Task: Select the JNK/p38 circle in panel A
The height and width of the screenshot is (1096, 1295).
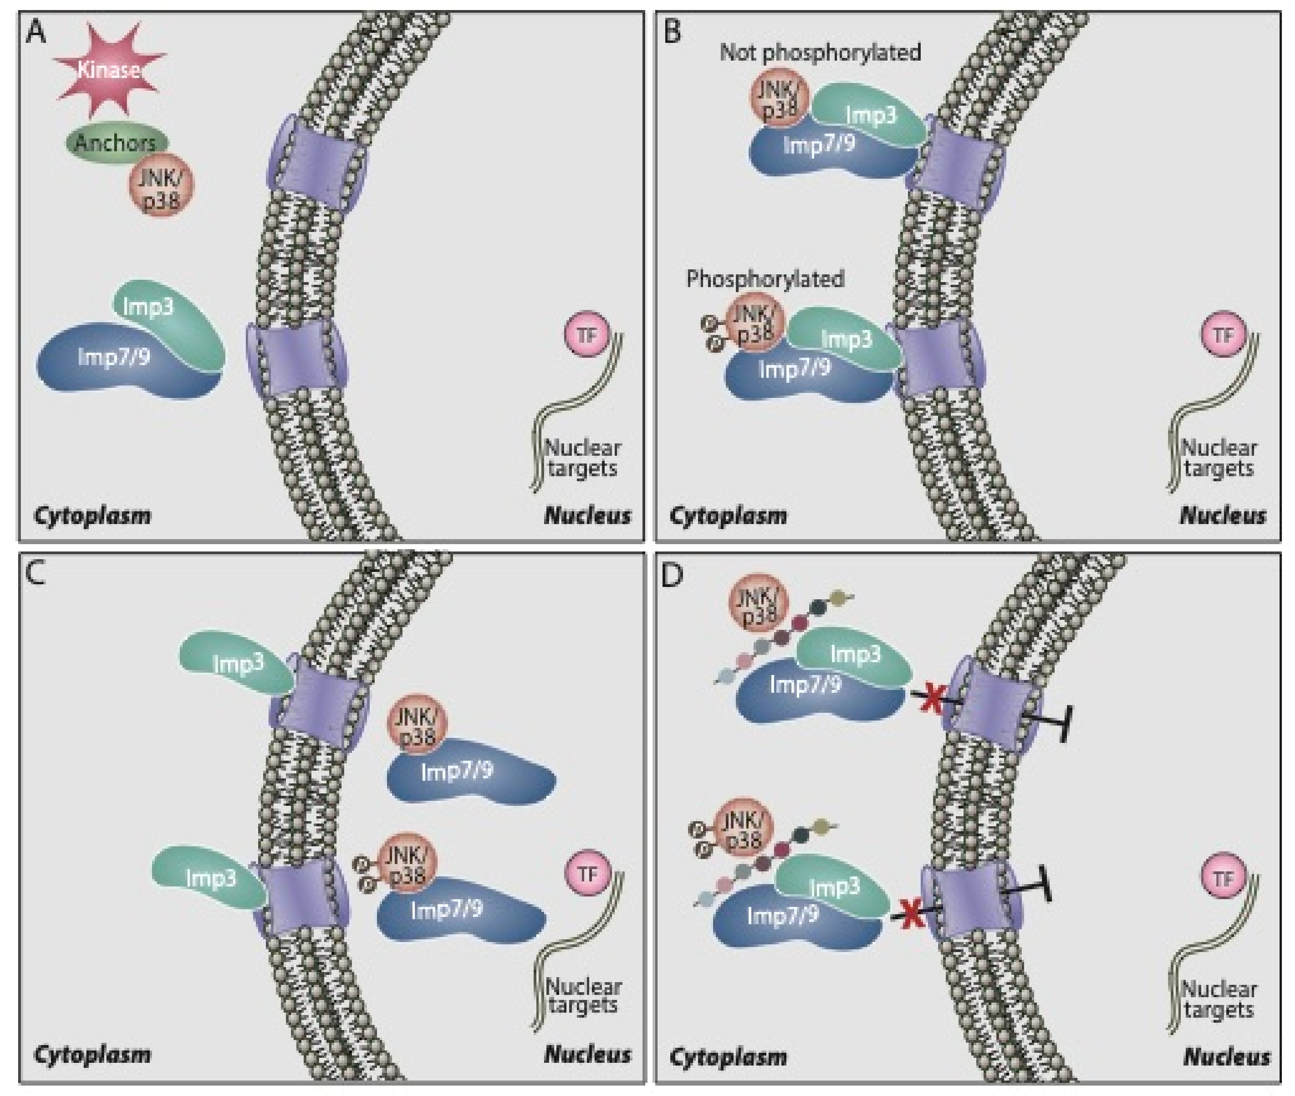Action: [161, 185]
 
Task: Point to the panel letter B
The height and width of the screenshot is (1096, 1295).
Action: [672, 31]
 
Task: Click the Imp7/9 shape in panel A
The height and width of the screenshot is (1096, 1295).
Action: [115, 364]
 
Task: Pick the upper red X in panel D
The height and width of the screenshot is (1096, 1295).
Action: [932, 699]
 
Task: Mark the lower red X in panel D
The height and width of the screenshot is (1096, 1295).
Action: [911, 915]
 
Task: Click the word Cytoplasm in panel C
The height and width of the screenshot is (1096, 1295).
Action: [92, 1054]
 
